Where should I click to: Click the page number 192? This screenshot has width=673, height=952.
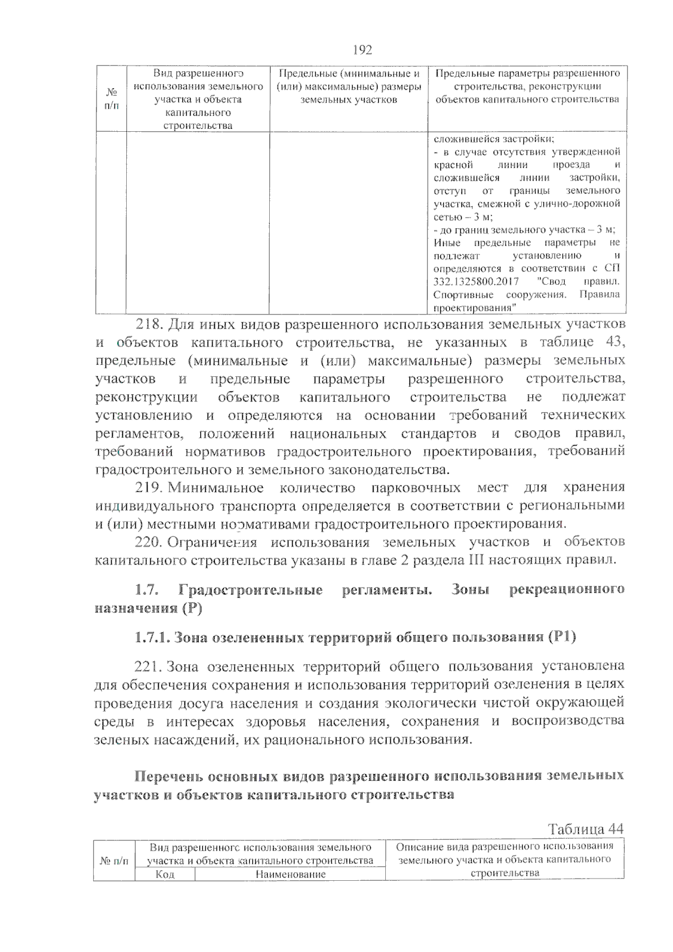tap(362, 50)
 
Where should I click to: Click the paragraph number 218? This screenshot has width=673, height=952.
tap(149, 325)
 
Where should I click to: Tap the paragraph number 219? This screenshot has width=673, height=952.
tap(149, 488)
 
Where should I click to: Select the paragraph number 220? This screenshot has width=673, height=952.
tap(149, 542)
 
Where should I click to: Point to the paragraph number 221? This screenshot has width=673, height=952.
tap(149, 667)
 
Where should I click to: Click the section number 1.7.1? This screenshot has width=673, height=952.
tap(152, 637)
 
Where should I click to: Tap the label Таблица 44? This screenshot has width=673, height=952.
tap(586, 829)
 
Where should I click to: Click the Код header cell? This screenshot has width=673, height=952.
tap(165, 874)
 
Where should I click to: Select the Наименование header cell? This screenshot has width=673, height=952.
tap(290, 874)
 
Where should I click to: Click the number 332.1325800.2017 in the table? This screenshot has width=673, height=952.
tap(476, 281)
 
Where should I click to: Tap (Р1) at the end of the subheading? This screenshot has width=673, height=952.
tap(562, 637)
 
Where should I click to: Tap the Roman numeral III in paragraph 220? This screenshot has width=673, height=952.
tap(476, 560)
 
